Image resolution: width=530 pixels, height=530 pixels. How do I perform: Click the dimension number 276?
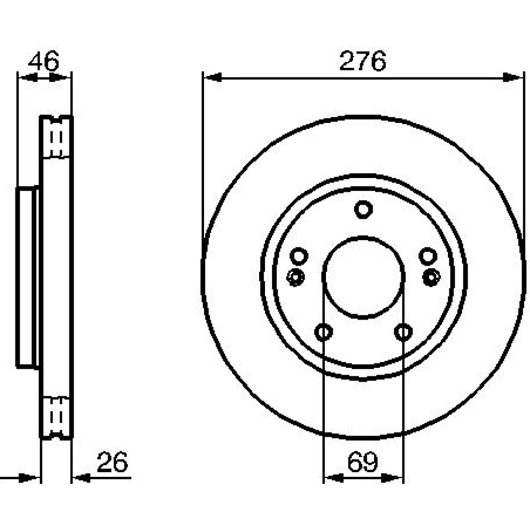click(x=363, y=61)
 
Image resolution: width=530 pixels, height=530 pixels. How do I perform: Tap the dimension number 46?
click(x=43, y=61)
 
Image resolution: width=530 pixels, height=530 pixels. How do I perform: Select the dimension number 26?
click(x=112, y=462)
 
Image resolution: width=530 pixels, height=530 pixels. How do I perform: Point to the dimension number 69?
click(x=363, y=462)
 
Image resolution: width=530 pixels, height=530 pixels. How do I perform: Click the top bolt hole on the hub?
click(x=364, y=209)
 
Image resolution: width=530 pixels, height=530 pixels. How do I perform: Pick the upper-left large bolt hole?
click(x=299, y=256)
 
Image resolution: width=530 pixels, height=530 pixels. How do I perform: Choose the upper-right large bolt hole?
click(x=428, y=256)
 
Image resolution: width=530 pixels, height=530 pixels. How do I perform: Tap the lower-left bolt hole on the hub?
click(x=323, y=332)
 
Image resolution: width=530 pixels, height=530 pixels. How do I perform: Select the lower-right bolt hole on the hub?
click(x=403, y=332)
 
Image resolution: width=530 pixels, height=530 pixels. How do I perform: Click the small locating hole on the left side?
click(x=295, y=277)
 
